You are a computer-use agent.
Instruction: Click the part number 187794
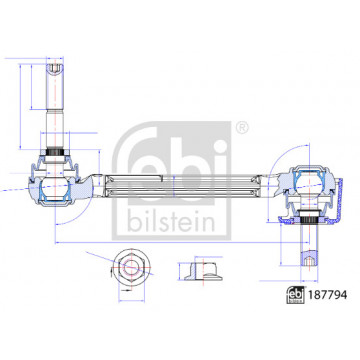(328, 295)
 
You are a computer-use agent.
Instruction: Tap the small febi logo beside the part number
(296, 295)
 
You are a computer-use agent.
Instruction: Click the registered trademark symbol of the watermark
(242, 128)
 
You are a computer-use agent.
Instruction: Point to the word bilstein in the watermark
(171, 222)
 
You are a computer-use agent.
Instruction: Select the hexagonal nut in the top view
(131, 267)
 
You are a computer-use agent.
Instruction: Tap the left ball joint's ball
(54, 189)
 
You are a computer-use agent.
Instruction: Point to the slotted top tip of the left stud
(55, 68)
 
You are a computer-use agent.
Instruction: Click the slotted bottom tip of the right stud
(309, 260)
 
